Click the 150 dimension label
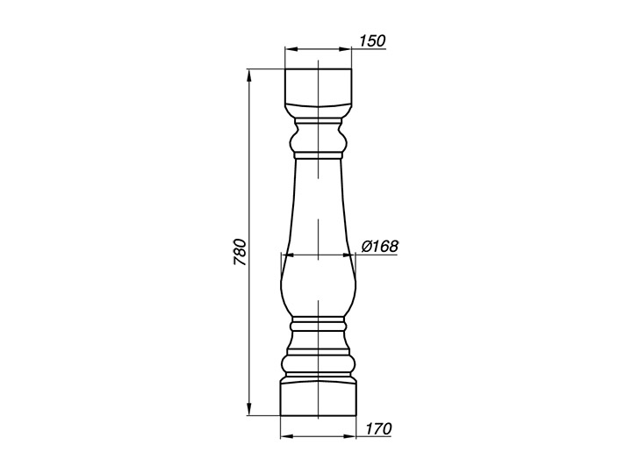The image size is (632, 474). click(372, 40)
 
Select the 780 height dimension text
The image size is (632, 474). click(240, 252)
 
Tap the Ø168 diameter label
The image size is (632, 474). click(380, 246)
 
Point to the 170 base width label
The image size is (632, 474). click(378, 428)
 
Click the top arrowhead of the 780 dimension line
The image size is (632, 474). click(249, 75)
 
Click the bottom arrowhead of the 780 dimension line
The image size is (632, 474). click(249, 409)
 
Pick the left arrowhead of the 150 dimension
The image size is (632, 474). click(291, 49)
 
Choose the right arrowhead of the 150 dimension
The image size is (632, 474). click(345, 49)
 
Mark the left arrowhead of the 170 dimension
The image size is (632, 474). click(286, 436)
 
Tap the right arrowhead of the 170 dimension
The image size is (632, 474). click(350, 436)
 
